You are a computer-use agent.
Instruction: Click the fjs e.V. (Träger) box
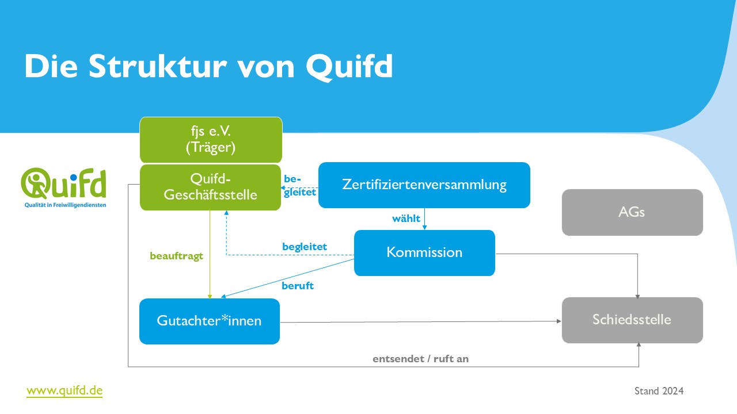click(211, 140)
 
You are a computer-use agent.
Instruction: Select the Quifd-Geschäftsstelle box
click(210, 187)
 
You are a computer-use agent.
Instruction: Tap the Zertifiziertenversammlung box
click(424, 185)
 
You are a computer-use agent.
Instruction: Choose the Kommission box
click(424, 252)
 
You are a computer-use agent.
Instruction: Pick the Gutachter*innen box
click(209, 321)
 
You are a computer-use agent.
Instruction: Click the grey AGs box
click(632, 212)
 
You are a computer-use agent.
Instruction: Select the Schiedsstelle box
click(632, 320)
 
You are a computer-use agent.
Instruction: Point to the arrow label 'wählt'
click(406, 218)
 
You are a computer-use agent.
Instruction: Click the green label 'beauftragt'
click(176, 256)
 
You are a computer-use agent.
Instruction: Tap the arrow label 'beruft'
click(298, 286)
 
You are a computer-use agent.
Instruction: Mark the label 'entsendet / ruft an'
click(420, 359)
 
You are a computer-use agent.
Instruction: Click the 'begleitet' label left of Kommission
click(304, 247)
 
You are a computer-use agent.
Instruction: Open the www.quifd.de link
click(64, 391)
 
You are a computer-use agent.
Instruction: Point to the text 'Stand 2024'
click(659, 391)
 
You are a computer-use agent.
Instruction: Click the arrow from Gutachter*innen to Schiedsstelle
click(420, 321)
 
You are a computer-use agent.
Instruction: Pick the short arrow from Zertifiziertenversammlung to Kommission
click(424, 219)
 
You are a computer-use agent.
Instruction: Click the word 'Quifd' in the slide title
click(349, 67)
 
